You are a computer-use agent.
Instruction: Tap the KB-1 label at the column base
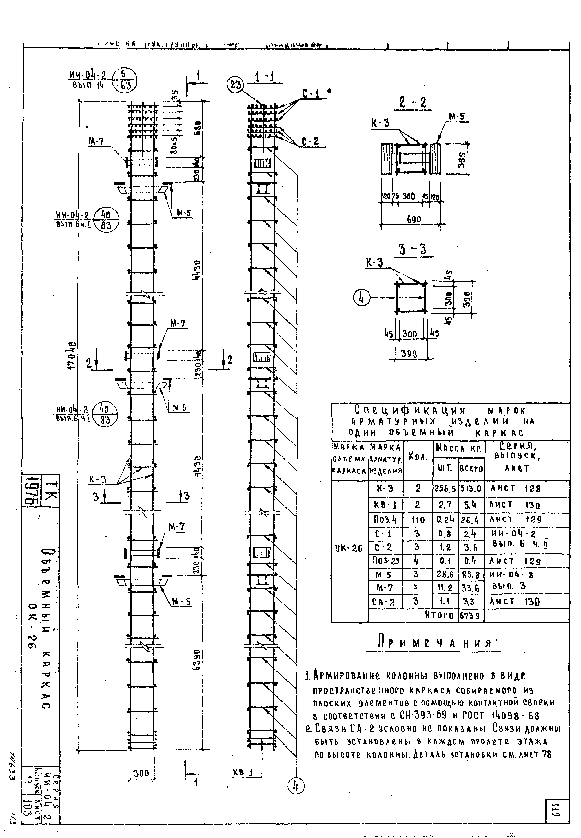click(243, 783)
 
